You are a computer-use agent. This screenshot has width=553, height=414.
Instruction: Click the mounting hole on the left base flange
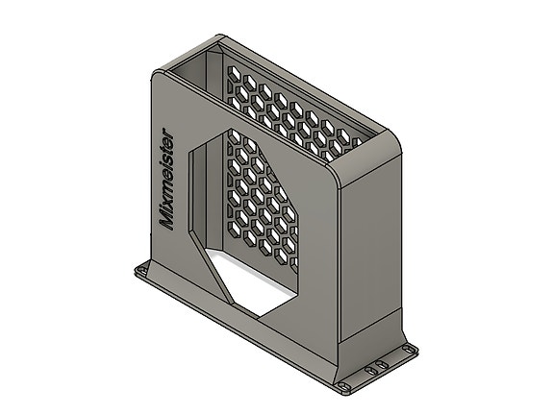[x=145, y=274]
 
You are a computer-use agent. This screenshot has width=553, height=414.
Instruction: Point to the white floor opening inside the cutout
[x=264, y=283]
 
